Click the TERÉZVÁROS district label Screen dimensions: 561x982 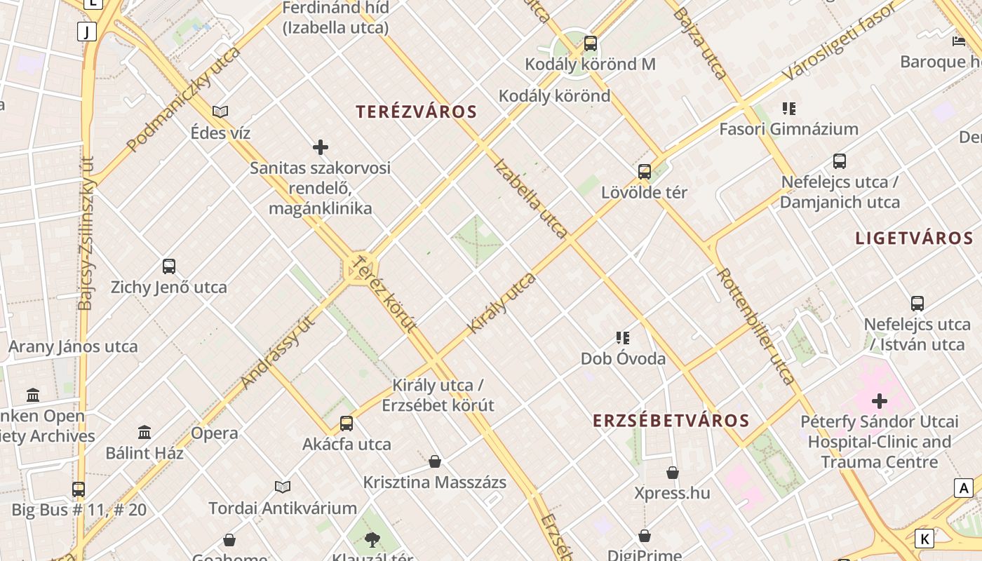(416, 111)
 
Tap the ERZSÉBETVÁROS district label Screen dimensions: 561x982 (671, 421)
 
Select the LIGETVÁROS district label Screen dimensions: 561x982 (915, 238)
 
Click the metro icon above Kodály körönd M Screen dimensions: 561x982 (591, 43)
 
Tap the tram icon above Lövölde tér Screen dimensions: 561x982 (645, 171)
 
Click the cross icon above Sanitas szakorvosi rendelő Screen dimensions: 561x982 (321, 147)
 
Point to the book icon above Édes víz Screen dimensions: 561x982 (220, 111)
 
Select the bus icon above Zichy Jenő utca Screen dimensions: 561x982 (169, 266)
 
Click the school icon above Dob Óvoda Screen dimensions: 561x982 (623, 338)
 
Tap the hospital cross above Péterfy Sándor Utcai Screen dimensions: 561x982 (880, 401)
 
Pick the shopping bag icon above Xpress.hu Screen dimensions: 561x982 (673, 473)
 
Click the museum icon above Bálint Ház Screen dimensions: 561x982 (144, 432)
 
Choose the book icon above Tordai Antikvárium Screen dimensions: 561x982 (283, 487)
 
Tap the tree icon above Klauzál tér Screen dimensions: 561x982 (372, 539)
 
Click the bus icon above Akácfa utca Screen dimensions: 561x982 (347, 423)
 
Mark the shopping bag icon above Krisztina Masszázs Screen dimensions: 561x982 (435, 461)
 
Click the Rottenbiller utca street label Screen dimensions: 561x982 (756, 327)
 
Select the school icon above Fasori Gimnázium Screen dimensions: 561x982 (789, 109)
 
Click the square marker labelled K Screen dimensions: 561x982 (925, 539)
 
